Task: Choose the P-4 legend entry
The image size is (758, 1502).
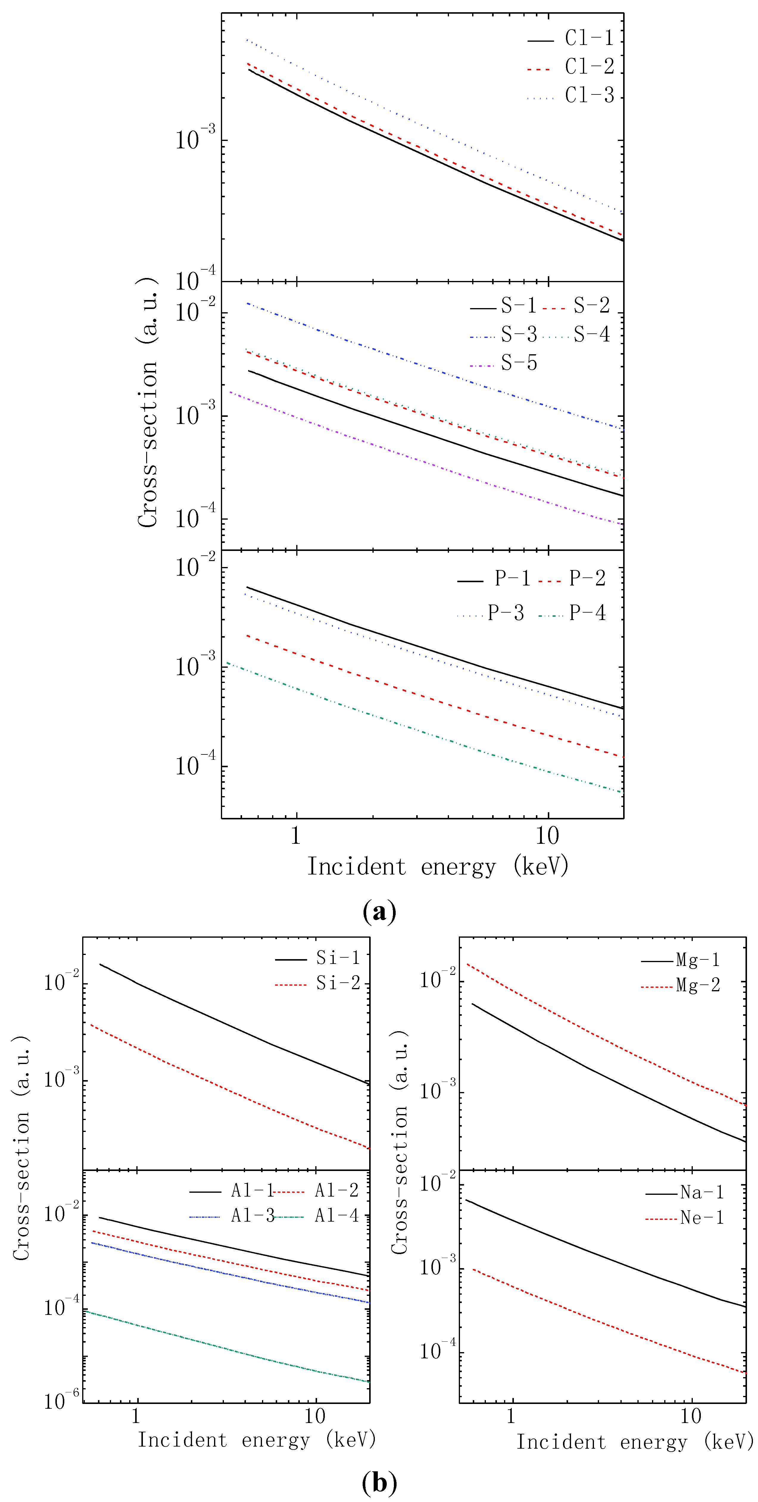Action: pyautogui.click(x=587, y=613)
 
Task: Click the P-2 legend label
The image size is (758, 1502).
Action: pyautogui.click(x=587, y=578)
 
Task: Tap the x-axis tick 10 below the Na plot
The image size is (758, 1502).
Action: pyautogui.click(x=691, y=1416)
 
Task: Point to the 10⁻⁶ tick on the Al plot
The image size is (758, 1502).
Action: pyautogui.click(x=62, y=1401)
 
